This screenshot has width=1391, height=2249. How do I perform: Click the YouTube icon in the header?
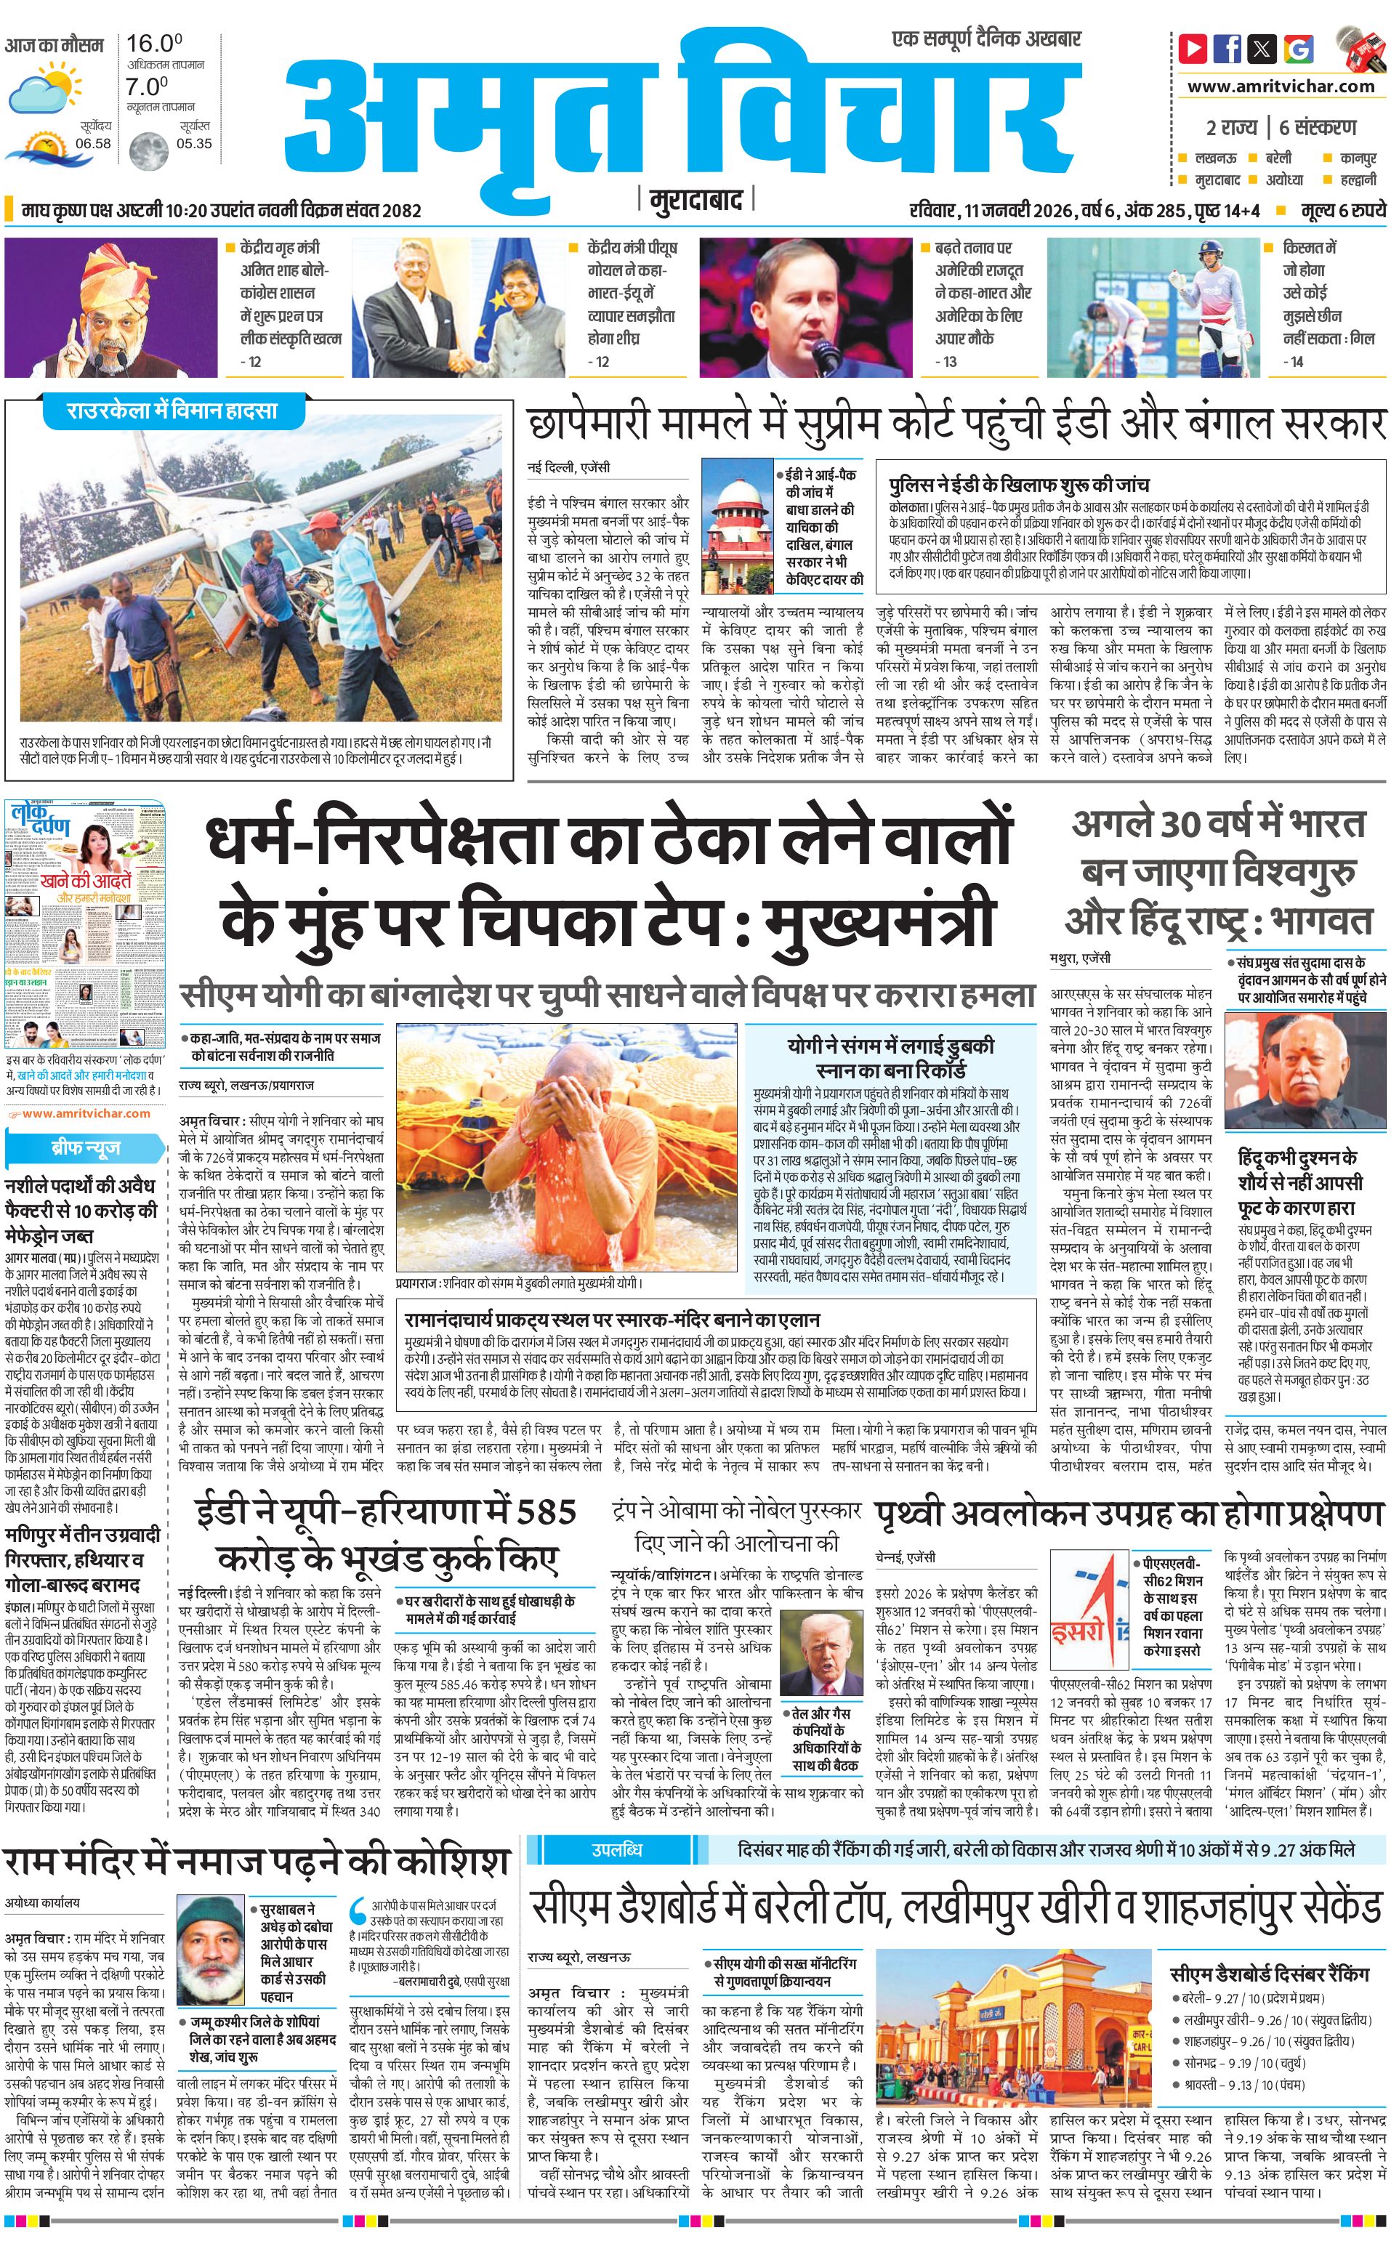1193,47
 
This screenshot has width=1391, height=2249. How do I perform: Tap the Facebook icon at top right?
1227,47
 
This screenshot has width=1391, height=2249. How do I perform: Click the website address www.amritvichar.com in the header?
1281,86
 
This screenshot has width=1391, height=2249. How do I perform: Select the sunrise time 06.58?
93,143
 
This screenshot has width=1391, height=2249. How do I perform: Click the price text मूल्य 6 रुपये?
1342,211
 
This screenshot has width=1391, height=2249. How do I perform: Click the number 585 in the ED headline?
546,1511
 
